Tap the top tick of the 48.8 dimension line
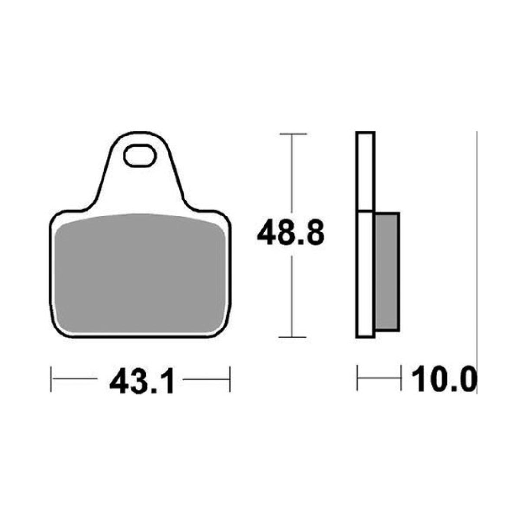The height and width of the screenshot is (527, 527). tap(292, 134)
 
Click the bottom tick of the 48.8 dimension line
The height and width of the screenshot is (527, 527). tap(292, 337)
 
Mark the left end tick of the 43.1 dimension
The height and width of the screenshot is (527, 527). tap(51, 379)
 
